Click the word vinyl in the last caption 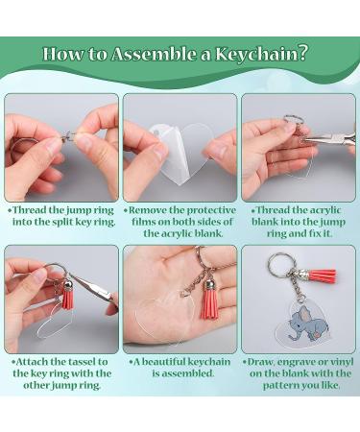coord(334,362)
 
